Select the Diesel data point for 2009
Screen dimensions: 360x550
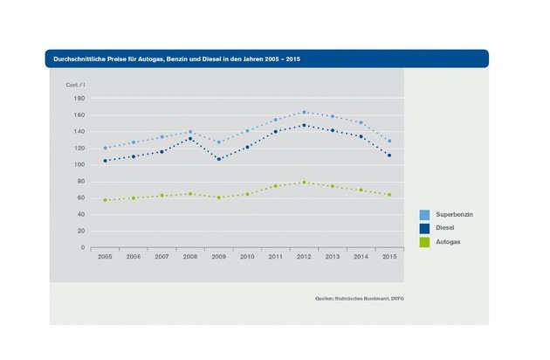[218, 159]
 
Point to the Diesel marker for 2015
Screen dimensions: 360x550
[388, 156]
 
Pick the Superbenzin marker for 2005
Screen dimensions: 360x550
[105, 148]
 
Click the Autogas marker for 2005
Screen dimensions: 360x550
[105, 200]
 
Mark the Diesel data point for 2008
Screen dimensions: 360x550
[189, 138]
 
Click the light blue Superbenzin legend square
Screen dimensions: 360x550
[423, 213]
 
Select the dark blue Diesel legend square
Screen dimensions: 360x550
[423, 227]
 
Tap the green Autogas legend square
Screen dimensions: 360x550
[423, 241]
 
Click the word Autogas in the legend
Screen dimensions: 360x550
[448, 241]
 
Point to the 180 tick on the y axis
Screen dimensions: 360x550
[79, 98]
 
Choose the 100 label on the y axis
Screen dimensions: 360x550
[79, 164]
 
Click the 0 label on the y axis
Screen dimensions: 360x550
[83, 247]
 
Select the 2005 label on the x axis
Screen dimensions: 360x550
[105, 257]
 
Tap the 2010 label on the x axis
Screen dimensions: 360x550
[247, 257]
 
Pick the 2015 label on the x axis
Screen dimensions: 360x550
[388, 257]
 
